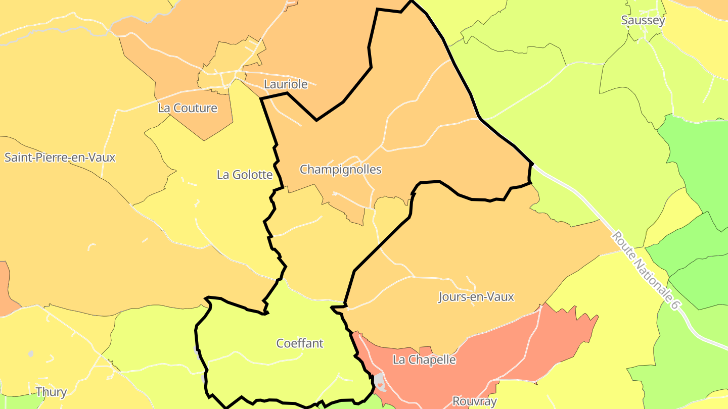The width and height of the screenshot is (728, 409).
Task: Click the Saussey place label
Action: click(643, 21)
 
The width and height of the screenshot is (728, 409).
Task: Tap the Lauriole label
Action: click(286, 84)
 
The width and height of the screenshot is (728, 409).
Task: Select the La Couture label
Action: click(188, 108)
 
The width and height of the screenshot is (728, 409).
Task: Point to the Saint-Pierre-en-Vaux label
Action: click(60, 158)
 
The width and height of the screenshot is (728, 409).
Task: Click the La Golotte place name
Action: click(245, 175)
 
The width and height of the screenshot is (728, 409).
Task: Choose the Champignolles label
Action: click(340, 169)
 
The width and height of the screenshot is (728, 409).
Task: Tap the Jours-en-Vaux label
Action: click(476, 297)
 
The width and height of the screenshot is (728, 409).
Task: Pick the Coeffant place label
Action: click(300, 343)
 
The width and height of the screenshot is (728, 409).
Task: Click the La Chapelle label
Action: click(424, 360)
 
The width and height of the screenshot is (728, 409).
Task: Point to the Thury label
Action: click(51, 392)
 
